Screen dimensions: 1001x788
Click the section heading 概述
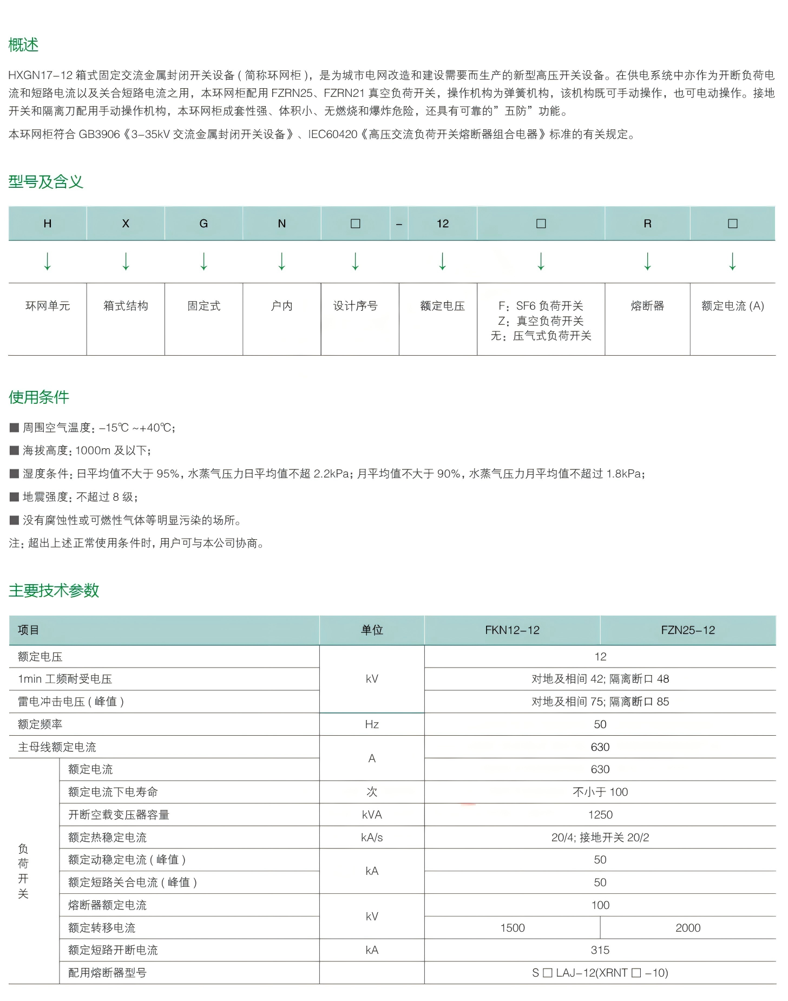pyautogui.click(x=23, y=45)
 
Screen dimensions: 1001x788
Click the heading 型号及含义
pyautogui.click(x=45, y=182)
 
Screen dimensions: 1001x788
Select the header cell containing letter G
pyautogui.click(x=203, y=224)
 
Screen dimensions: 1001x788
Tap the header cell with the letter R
pyautogui.click(x=647, y=224)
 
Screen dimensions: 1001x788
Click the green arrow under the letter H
pyautogui.click(x=48, y=261)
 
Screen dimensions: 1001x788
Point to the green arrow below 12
pyautogui.click(x=443, y=261)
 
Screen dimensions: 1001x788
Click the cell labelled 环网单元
pyautogui.click(x=48, y=306)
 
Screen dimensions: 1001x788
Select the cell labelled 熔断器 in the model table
pyautogui.click(x=647, y=306)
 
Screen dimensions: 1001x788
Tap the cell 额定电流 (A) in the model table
pyautogui.click(x=732, y=306)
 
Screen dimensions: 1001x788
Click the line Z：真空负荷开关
pyautogui.click(x=541, y=321)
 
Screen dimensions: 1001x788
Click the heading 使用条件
pyautogui.click(x=38, y=397)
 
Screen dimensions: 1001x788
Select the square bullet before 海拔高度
pyautogui.click(x=15, y=450)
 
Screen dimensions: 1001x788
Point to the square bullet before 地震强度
pyautogui.click(x=15, y=496)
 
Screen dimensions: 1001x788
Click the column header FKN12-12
pyautogui.click(x=512, y=630)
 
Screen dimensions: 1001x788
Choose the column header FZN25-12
pyautogui.click(x=688, y=630)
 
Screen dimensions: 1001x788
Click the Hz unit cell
pyautogui.click(x=372, y=724)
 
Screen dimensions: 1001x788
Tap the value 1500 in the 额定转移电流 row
pyautogui.click(x=513, y=928)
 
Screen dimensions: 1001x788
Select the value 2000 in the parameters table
pyautogui.click(x=688, y=928)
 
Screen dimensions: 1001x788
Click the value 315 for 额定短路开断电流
pyautogui.click(x=600, y=950)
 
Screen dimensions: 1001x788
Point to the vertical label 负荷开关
pyautogui.click(x=23, y=871)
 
